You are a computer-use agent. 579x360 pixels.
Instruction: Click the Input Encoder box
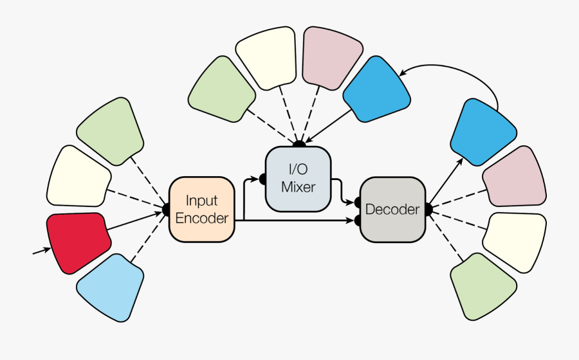[201, 210]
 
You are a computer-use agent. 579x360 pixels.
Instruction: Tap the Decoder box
[392, 210]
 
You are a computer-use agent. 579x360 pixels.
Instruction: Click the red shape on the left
[78, 240]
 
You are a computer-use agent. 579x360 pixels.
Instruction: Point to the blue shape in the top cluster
[377, 90]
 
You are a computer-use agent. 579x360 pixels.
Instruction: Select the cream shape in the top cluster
[266, 57]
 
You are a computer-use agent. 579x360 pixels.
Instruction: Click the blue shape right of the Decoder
[482, 132]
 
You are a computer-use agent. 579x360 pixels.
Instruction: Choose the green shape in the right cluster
[482, 285]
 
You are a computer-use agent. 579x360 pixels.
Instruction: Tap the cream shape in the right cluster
[515, 240]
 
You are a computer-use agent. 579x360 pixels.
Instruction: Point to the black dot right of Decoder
[427, 209]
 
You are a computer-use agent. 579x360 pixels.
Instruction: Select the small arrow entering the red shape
[41, 251]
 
